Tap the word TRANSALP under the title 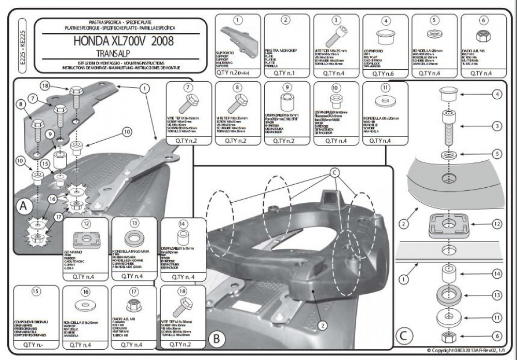[112, 53]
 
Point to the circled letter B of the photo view [217, 339]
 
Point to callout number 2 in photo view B [322, 325]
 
